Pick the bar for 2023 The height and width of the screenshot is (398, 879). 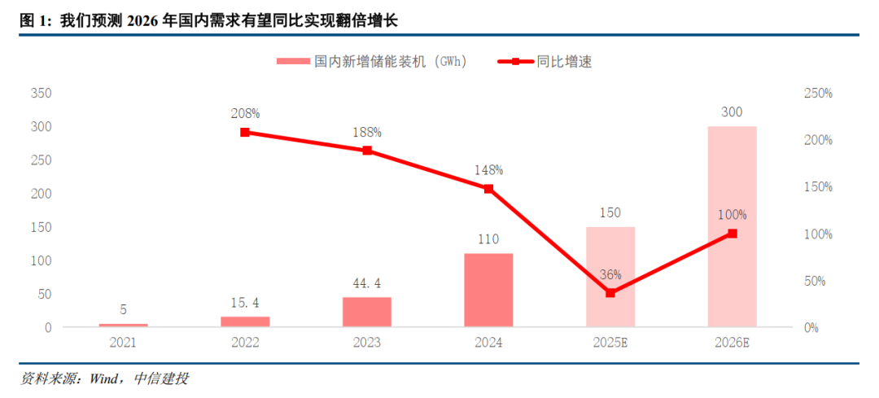pos(366,312)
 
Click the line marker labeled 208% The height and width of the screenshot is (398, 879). pos(244,132)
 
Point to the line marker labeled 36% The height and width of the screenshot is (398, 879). pos(610,293)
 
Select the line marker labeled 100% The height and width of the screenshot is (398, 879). pos(732,234)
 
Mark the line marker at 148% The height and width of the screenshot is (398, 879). pos(488,188)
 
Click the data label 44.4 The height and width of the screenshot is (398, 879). pos(366,283)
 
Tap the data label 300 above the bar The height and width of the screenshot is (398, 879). pos(732,112)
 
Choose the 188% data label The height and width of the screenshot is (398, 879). pos(366,132)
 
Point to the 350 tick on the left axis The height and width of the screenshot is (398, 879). pos(41,94)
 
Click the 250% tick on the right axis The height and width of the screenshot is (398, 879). pos(817,94)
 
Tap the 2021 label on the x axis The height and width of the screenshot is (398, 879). pos(123,343)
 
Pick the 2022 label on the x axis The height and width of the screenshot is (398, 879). pos(244,343)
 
